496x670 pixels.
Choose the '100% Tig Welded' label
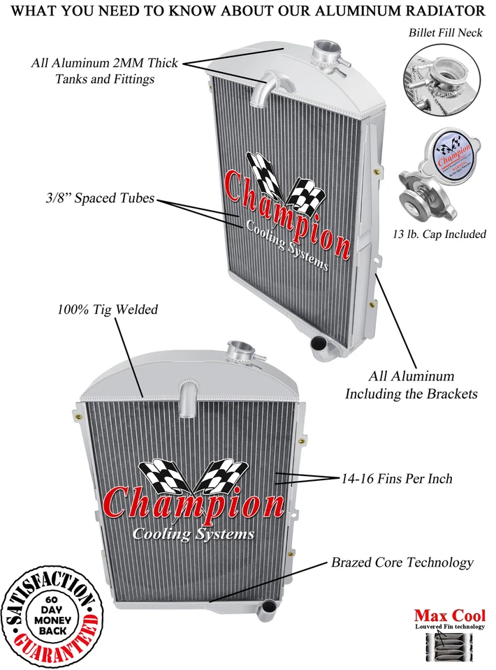pyautogui.click(x=108, y=309)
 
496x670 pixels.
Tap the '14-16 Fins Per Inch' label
pyautogui.click(x=397, y=479)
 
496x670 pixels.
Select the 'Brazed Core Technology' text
pyautogui.click(x=402, y=562)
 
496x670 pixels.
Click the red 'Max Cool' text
pyautogui.click(x=450, y=616)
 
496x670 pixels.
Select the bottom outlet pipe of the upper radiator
pyautogui.click(x=319, y=346)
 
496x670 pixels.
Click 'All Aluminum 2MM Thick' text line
pyautogui.click(x=105, y=63)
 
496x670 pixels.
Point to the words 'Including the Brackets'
pyautogui.click(x=411, y=394)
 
